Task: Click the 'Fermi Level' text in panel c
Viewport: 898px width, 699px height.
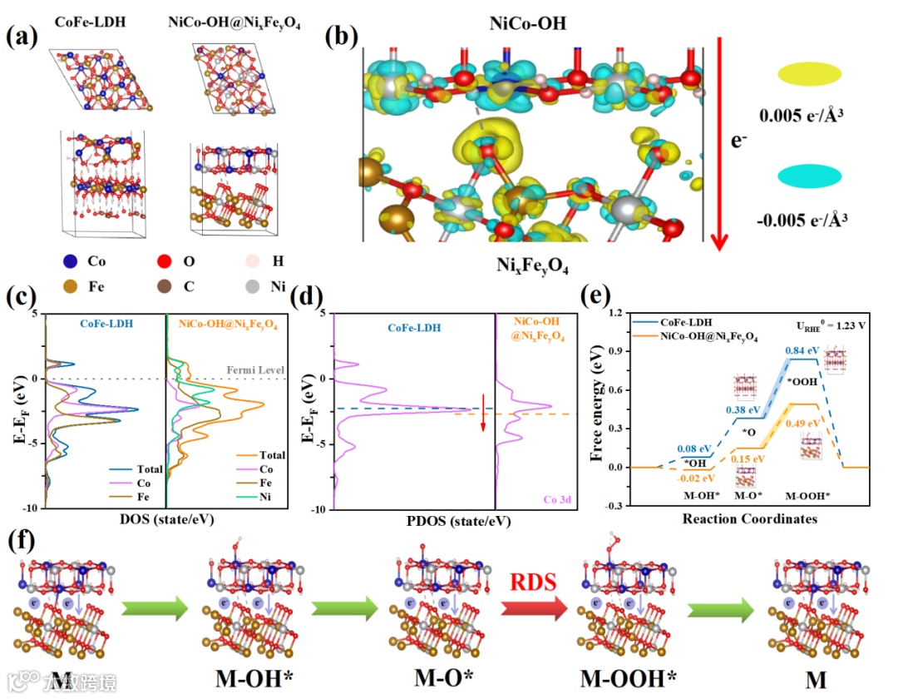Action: click(x=254, y=369)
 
